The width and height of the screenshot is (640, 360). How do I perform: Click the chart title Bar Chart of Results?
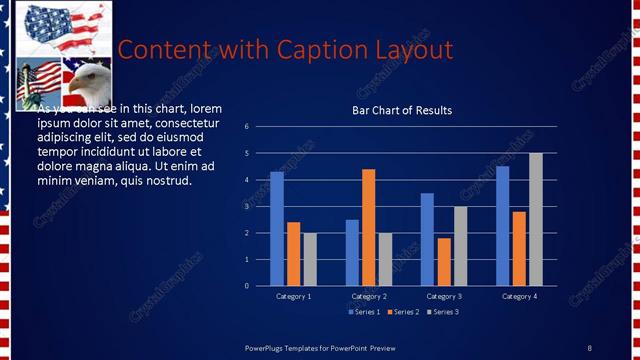[402, 110]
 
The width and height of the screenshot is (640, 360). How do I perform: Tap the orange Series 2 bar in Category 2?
[368, 227]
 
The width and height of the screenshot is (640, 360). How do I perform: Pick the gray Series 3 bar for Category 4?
[536, 219]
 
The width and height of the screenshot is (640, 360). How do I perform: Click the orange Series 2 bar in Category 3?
[444, 261]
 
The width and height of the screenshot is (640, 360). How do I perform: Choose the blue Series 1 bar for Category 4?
[502, 225]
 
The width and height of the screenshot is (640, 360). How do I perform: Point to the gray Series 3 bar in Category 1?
[310, 259]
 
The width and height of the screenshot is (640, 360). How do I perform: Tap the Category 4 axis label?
[519, 297]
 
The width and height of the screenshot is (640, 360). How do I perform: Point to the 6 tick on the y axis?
[260, 127]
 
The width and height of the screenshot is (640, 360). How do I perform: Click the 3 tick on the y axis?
[260, 206]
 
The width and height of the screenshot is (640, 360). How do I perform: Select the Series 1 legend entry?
[363, 312]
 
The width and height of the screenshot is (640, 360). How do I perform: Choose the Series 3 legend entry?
[443, 312]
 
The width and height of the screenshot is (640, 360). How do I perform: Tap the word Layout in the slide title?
[411, 49]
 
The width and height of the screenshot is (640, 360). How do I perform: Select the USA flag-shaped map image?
[57, 27]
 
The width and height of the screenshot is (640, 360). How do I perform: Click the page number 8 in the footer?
[589, 347]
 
